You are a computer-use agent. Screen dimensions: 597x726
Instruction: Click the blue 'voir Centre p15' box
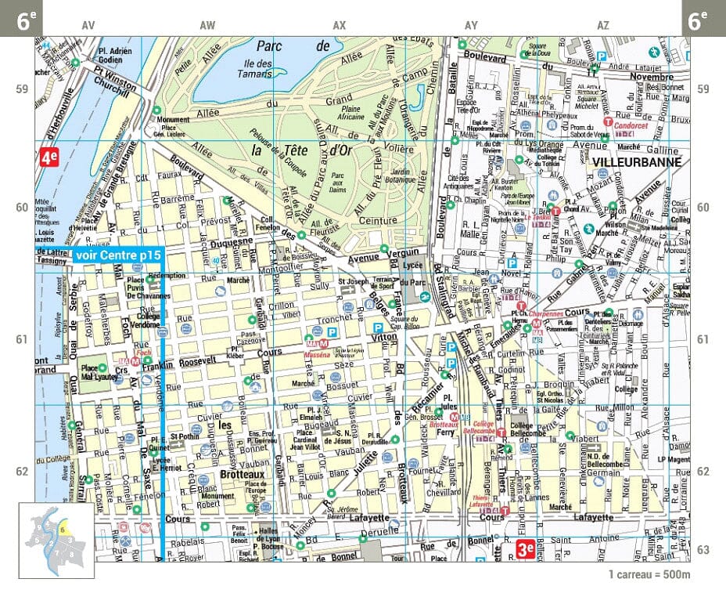(118, 255)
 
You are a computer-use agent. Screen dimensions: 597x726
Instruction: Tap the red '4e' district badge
(49, 157)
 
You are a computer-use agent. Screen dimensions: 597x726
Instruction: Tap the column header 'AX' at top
(339, 26)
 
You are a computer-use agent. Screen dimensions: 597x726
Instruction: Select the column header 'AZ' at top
(603, 26)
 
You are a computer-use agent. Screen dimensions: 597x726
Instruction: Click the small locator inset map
(56, 539)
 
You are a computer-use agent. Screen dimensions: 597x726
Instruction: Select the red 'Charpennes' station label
(547, 313)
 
